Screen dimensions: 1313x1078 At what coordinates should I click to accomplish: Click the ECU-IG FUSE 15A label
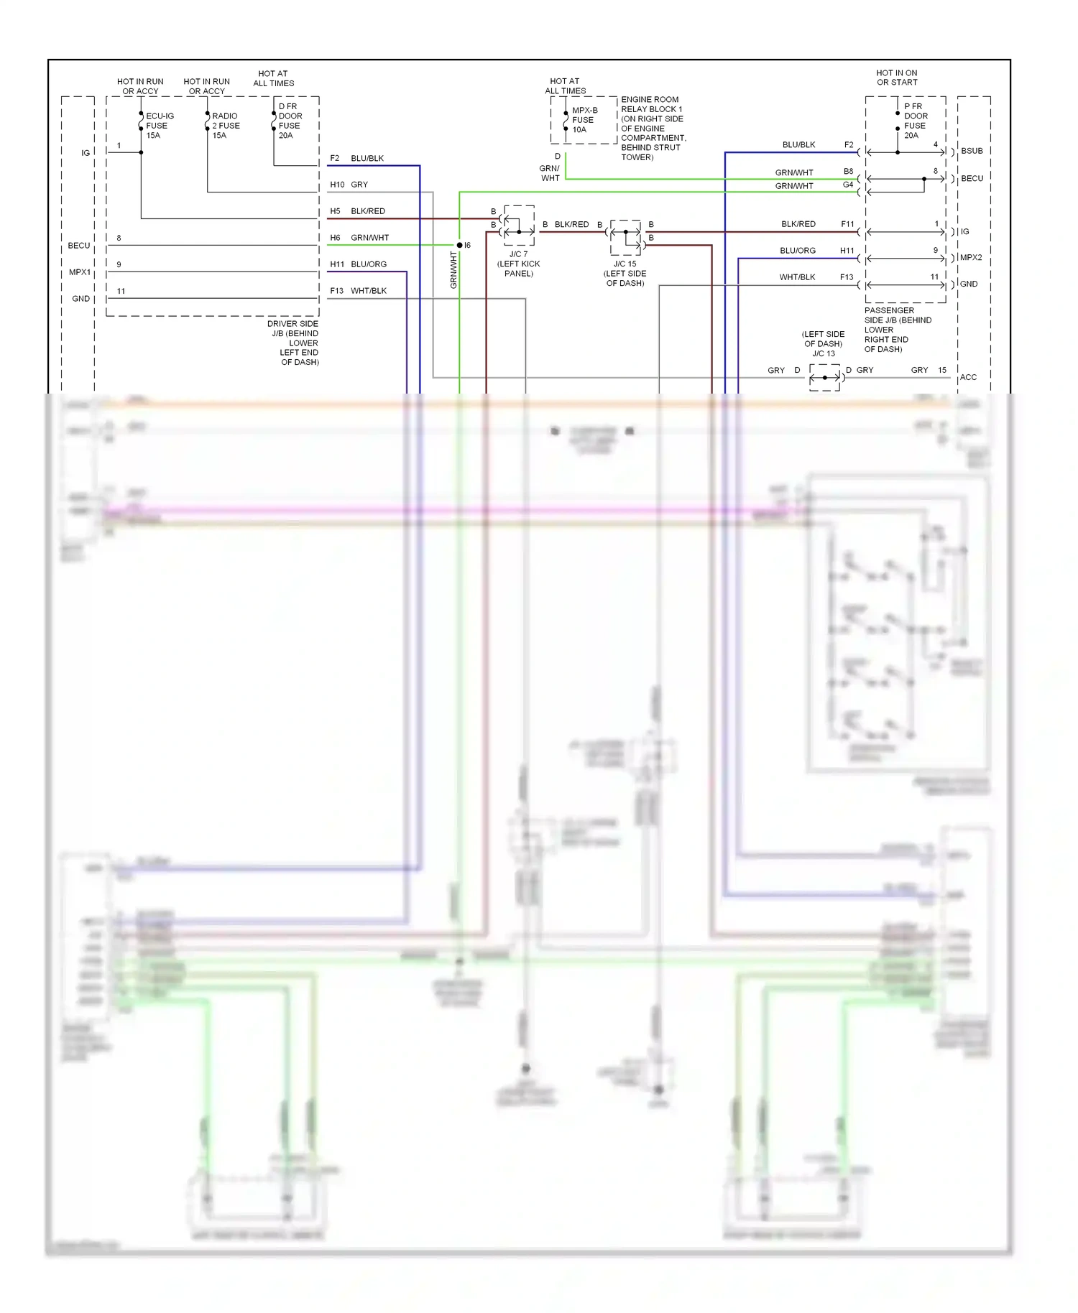coord(160,126)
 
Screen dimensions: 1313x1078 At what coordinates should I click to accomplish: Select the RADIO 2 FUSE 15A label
coord(226,126)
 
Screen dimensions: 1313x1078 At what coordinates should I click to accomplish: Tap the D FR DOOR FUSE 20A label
coord(290,121)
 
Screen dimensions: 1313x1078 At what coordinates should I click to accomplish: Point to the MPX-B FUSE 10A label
coord(584,120)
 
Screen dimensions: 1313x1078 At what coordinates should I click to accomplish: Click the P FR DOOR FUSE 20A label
coord(916,121)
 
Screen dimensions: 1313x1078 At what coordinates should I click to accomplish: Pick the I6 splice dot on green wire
coord(460,245)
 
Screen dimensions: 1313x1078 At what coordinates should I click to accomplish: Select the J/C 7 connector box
coord(519,225)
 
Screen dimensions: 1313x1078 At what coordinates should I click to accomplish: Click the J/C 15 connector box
coord(625,238)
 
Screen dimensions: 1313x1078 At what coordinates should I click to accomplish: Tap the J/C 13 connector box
coord(824,377)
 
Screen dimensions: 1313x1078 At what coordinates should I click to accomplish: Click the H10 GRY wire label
coord(349,185)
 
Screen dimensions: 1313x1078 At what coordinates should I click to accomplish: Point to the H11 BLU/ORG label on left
coord(359,264)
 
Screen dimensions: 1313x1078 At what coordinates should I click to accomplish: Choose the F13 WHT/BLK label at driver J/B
coord(359,291)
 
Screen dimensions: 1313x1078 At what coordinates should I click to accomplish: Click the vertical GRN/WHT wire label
coord(453,270)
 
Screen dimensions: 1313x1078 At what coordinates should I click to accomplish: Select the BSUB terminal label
coord(972,151)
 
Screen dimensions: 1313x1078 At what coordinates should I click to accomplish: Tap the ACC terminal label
coord(968,377)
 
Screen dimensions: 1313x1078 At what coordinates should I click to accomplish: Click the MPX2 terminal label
coord(970,257)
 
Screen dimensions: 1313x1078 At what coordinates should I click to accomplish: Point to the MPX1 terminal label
coord(80,272)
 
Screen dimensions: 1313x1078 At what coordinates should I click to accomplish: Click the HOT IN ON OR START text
coord(896,78)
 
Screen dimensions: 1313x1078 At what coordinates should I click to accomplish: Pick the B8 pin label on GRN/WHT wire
coord(848,172)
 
